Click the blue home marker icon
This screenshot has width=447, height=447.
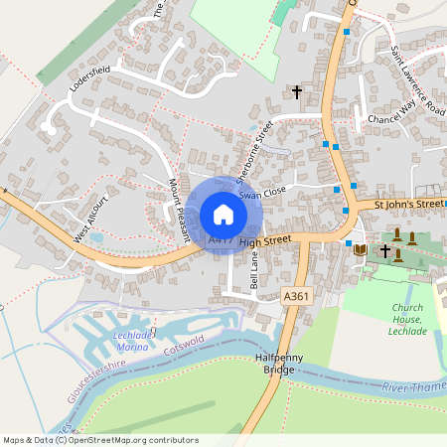click(223, 215)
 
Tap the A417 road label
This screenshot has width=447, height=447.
click(221, 240)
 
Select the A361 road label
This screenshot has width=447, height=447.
click(295, 296)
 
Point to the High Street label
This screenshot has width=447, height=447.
click(264, 240)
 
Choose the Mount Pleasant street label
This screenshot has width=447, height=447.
click(179, 209)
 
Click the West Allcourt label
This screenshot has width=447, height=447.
click(90, 222)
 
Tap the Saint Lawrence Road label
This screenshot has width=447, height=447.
click(416, 77)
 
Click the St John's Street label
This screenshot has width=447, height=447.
click(408, 204)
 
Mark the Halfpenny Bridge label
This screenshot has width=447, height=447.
click(273, 363)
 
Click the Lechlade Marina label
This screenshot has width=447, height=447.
click(132, 341)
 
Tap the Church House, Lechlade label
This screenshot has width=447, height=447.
click(407, 319)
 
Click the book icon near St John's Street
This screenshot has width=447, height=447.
click(360, 248)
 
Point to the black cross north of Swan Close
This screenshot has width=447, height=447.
click(296, 92)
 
